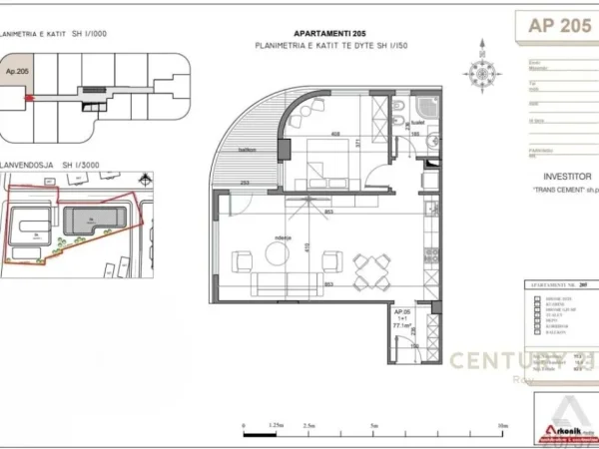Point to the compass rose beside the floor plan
pos(475,70)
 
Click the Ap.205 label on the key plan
pos(16,73)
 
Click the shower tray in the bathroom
pos(430,109)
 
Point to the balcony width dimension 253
pos(245,184)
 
